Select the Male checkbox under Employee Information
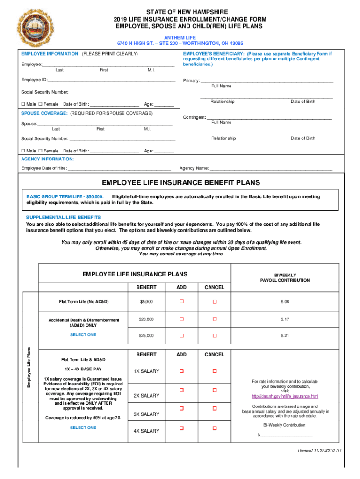click(23, 104)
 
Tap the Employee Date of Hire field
click(119, 168)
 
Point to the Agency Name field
click(271, 168)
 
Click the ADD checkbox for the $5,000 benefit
click(182, 302)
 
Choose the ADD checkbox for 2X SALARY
click(182, 390)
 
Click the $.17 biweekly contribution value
click(285, 319)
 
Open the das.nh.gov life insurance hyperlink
click(285, 397)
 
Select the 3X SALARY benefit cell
click(146, 414)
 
